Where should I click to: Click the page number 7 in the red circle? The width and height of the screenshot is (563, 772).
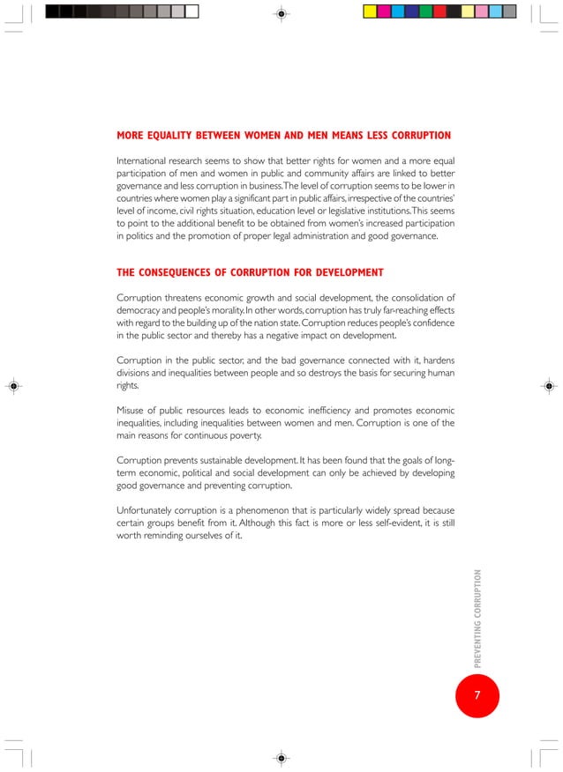pyautogui.click(x=477, y=695)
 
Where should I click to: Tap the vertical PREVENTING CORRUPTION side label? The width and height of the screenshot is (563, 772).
pyautogui.click(x=477, y=618)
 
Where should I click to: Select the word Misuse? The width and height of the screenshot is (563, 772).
pyautogui.click(x=133, y=411)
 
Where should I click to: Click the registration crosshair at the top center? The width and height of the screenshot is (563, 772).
pyautogui.click(x=281, y=14)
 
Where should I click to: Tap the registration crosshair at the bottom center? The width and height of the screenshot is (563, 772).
pyautogui.click(x=281, y=757)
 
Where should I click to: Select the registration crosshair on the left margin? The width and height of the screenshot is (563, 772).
pyautogui.click(x=14, y=386)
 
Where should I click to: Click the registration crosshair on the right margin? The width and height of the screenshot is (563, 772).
pyautogui.click(x=548, y=386)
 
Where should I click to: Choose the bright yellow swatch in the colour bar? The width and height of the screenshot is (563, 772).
pyautogui.click(x=371, y=11)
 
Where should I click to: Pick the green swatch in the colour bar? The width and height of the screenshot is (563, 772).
pyautogui.click(x=425, y=11)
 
